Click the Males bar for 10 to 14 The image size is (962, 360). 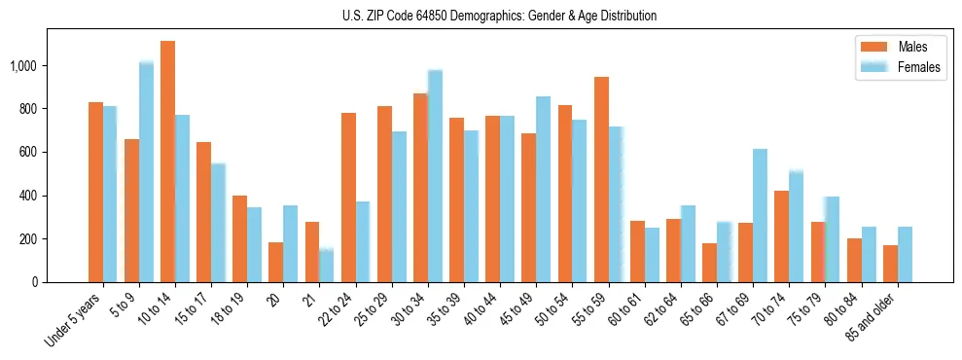pyautogui.click(x=167, y=162)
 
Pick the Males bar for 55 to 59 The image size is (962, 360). pyautogui.click(x=601, y=180)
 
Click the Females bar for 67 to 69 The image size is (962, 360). pyautogui.click(x=760, y=216)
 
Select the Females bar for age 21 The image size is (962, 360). pyautogui.click(x=327, y=266)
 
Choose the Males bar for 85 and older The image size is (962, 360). pyautogui.click(x=889, y=264)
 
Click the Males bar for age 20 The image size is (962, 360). pyautogui.click(x=276, y=262)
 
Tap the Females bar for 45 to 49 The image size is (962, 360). pyautogui.click(x=543, y=190)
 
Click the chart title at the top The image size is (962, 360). pyautogui.click(x=499, y=16)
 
